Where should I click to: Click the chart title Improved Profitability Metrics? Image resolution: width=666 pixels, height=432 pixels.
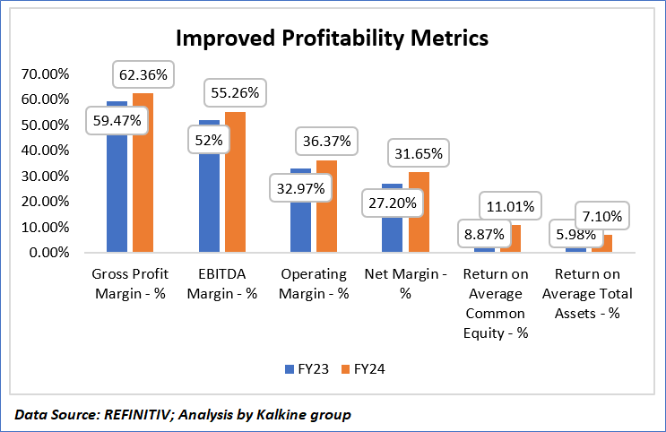pos(332,39)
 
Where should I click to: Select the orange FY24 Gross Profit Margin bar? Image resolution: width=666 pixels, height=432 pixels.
pos(143,179)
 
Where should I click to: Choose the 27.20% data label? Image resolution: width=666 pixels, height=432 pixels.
pos(391,203)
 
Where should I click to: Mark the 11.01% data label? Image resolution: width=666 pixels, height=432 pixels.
pos(509,207)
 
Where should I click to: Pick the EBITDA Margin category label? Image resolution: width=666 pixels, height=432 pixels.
pos(228,283)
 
